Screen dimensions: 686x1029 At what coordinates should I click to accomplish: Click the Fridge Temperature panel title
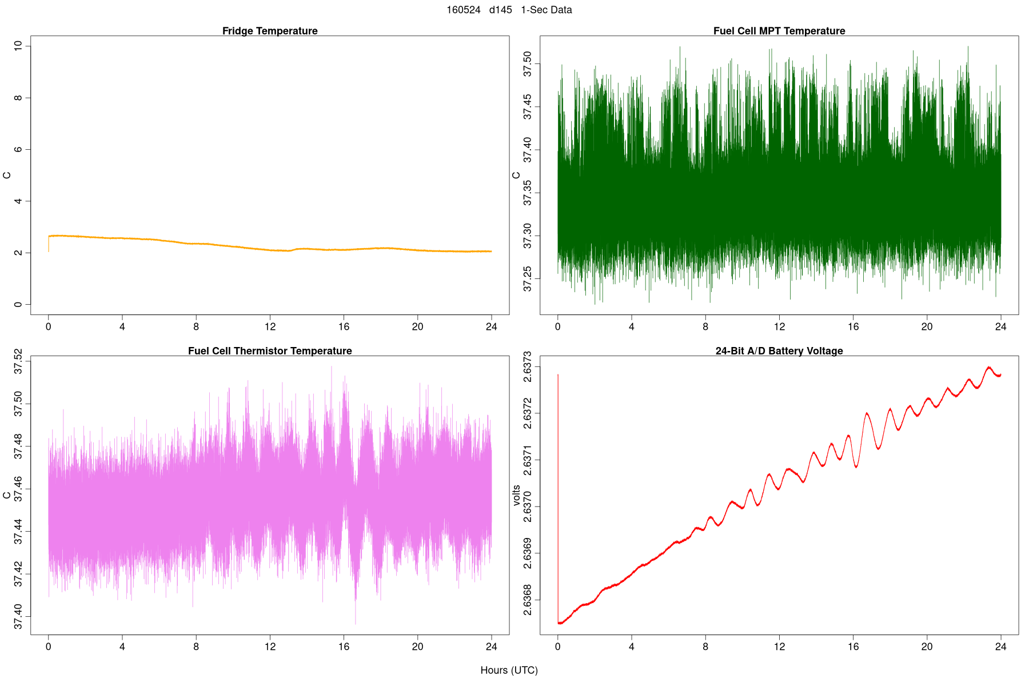point(270,31)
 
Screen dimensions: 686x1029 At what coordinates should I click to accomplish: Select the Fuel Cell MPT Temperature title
point(779,31)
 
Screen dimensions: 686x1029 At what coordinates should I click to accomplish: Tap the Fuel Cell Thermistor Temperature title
point(270,351)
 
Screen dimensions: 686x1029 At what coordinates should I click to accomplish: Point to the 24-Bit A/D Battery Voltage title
point(779,351)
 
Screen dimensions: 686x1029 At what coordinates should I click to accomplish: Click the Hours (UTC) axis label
point(509,670)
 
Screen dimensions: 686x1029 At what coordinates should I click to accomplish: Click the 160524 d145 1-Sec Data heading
point(509,10)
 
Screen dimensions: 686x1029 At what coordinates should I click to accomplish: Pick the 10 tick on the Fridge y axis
point(19,46)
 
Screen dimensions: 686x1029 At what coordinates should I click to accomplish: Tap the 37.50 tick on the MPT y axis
point(528,63)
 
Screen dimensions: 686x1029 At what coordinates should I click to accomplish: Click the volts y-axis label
point(517,495)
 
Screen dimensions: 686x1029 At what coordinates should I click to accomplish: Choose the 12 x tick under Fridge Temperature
point(270,327)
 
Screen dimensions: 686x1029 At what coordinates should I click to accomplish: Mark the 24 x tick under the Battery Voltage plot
point(1000,647)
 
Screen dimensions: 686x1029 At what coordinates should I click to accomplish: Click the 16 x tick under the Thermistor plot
point(344,647)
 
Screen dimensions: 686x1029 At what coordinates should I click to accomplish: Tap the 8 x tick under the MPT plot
point(705,327)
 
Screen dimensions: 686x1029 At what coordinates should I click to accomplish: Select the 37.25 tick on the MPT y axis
point(528,278)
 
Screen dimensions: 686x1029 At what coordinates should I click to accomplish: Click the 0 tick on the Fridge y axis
point(19,305)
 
